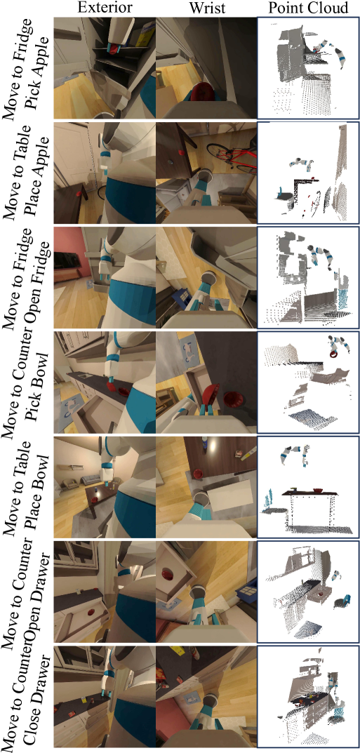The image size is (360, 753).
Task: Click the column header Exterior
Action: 104,8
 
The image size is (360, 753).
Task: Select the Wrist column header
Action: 206,8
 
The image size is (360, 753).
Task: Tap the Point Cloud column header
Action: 307,8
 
